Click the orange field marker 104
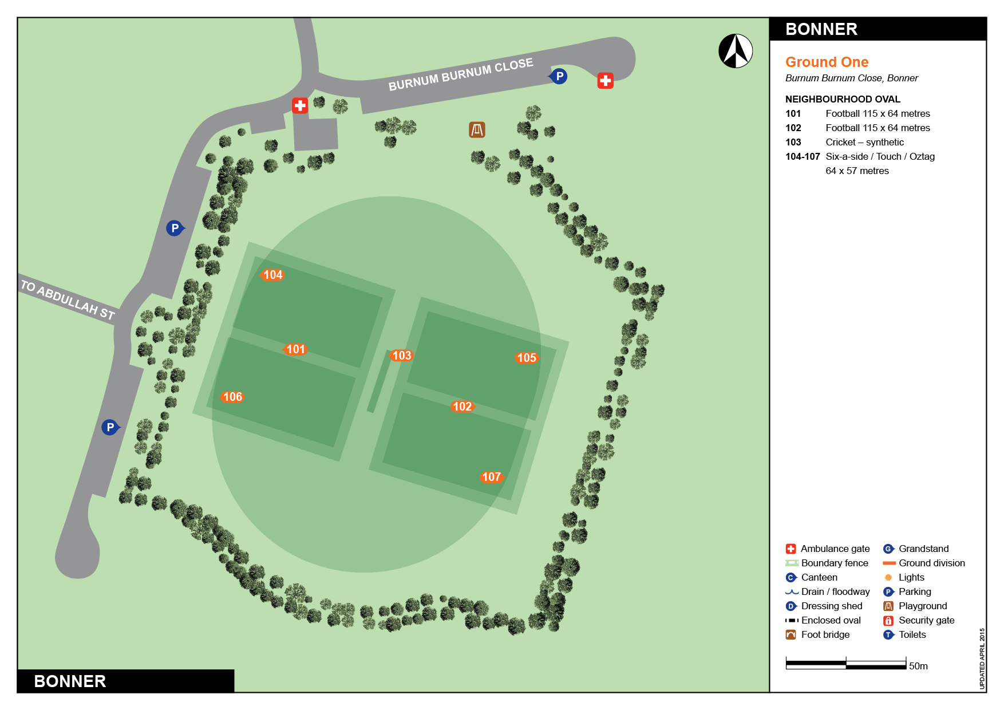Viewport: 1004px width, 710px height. pos(272,275)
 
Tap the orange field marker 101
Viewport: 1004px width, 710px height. pos(295,349)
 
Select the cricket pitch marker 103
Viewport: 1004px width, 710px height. pos(401,356)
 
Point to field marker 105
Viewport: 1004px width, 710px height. pos(526,358)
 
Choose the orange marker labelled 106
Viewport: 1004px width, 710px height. pos(232,397)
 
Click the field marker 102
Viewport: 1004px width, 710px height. pos(462,407)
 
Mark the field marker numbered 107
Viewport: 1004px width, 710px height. pos(491,477)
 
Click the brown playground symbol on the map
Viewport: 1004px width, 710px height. pos(477,130)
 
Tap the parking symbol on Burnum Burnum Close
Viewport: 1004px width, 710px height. pos(559,76)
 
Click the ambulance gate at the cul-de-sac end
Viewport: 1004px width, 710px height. pos(605,81)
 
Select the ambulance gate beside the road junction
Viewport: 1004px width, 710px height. pos(300,105)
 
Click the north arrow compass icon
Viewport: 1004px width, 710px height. pos(736,51)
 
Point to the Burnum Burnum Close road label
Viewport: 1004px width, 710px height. pos(460,74)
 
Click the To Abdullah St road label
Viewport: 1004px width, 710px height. pos(68,299)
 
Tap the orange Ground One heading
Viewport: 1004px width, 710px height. pos(827,62)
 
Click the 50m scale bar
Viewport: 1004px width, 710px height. pos(845,665)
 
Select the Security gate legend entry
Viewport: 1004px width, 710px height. pos(926,620)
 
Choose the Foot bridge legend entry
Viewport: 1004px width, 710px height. pos(825,634)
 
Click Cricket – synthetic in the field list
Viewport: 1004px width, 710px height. pos(864,142)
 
